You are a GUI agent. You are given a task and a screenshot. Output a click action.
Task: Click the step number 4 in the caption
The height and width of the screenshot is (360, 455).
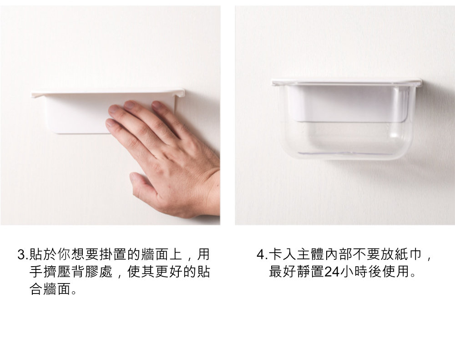260,255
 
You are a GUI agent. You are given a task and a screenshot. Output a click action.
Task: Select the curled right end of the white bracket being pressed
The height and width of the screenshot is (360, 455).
180,93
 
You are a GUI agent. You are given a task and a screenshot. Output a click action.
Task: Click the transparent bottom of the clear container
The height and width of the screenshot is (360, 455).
345,142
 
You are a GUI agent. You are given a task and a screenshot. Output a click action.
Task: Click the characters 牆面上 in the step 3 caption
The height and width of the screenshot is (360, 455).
162,255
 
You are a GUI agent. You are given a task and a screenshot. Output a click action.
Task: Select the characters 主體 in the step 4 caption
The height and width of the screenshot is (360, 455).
310,255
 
